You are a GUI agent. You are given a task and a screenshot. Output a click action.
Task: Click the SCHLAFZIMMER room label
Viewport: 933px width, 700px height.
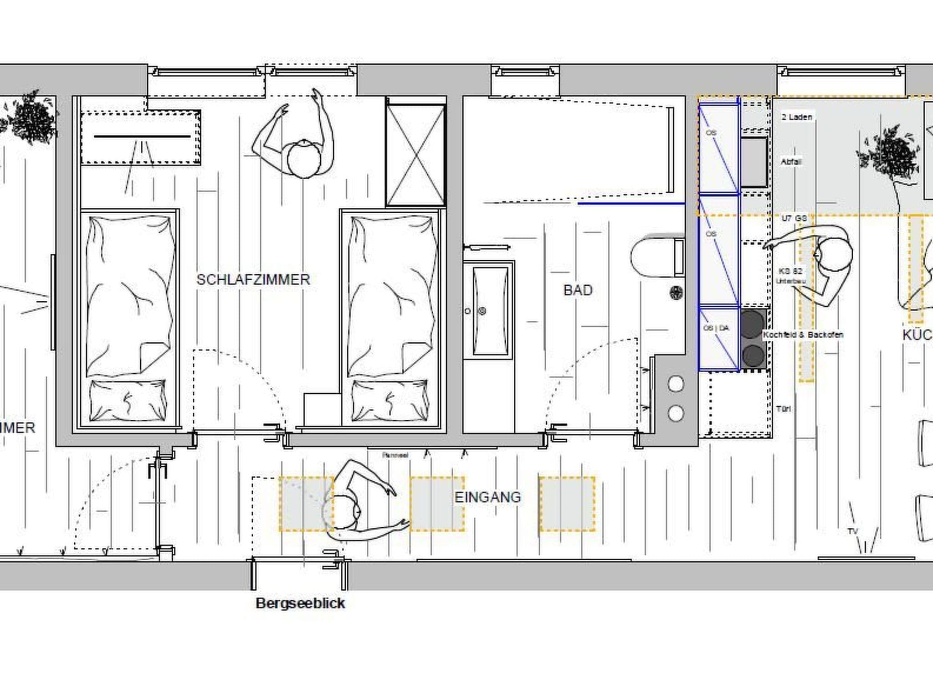point(253,279)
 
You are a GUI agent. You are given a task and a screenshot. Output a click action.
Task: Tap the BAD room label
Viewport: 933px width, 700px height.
point(578,290)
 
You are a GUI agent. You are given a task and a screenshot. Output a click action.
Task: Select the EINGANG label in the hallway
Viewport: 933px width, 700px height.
point(487,497)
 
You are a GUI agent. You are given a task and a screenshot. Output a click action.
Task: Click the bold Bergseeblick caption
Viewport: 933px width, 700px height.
point(300,603)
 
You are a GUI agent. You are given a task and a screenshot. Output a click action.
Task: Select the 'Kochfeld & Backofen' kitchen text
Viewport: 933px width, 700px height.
point(803,335)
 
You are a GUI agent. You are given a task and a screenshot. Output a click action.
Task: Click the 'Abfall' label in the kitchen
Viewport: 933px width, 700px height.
point(791,162)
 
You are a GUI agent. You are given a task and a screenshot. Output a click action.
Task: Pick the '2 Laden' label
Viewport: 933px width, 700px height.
point(796,117)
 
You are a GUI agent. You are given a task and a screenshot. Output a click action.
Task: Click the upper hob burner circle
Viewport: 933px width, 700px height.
point(752,323)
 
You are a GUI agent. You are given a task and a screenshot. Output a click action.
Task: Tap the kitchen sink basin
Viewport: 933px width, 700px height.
point(754,162)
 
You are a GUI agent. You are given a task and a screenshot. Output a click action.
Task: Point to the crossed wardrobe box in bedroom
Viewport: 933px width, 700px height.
point(415,155)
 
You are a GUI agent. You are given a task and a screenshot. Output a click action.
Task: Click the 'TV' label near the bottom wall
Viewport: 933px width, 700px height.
point(852,531)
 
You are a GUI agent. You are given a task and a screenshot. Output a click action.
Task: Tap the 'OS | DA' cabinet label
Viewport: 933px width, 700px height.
point(716,328)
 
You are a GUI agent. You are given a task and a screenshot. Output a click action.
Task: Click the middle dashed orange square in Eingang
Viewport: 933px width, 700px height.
point(437,504)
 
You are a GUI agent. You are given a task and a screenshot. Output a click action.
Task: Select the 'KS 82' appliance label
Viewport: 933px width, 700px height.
point(790,271)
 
